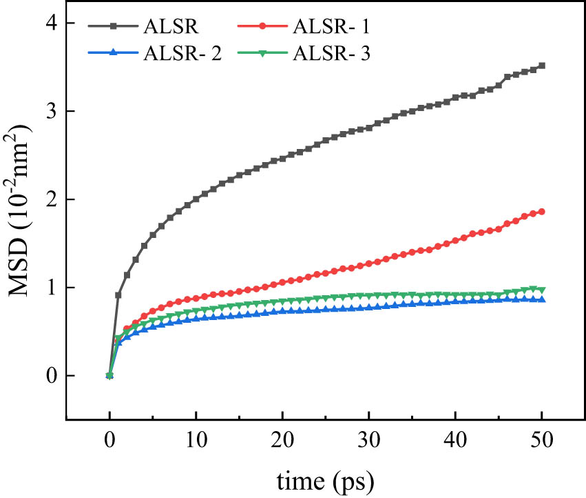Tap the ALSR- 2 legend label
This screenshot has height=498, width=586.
pos(182,55)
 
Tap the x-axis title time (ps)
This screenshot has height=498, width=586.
pos(326,479)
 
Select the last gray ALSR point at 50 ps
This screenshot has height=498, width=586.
pos(542,66)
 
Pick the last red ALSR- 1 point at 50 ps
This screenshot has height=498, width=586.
pos(542,211)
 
